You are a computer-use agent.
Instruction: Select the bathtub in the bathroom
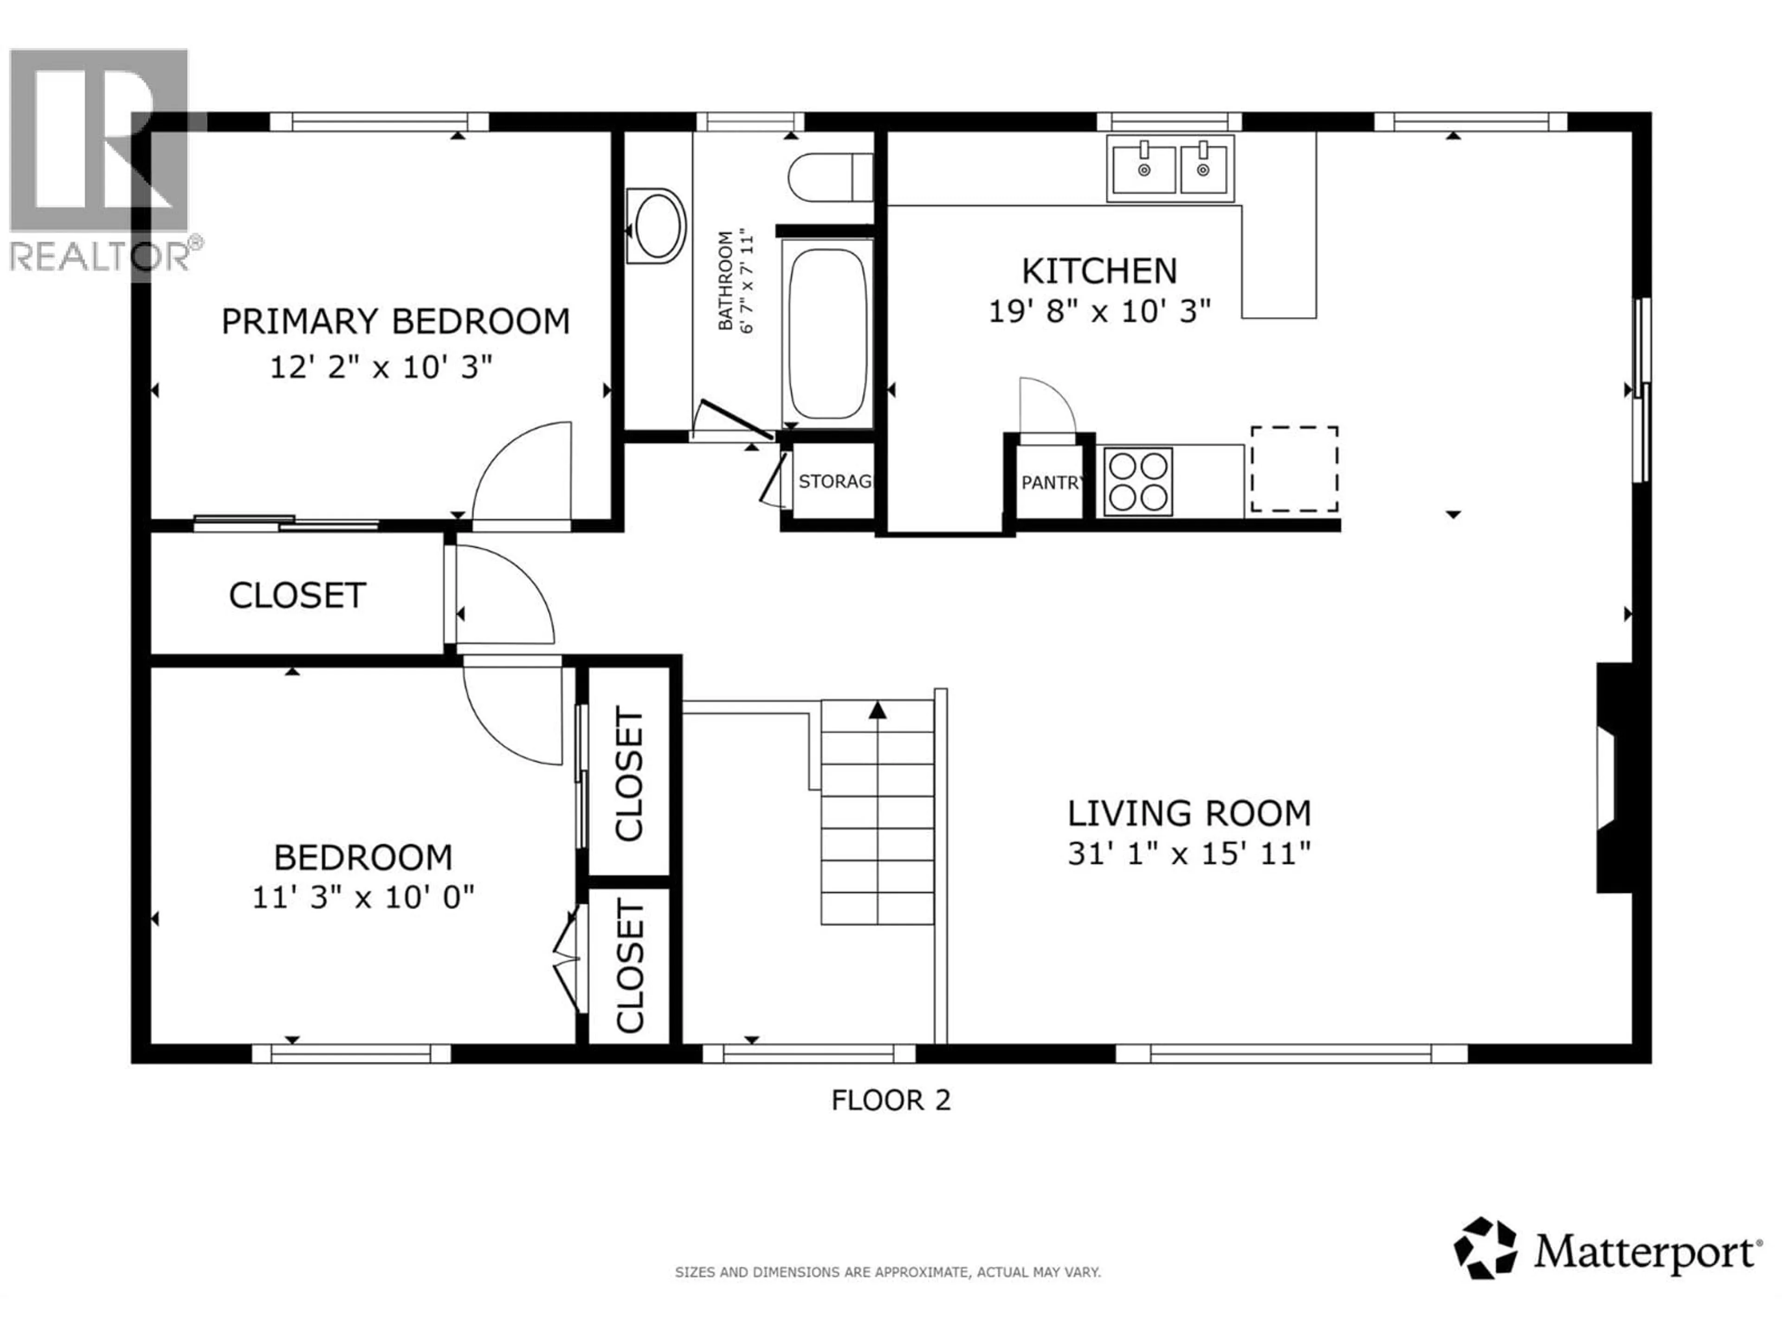[x=827, y=333]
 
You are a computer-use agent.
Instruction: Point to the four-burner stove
[x=1136, y=482]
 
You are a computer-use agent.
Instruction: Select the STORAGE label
[x=834, y=482]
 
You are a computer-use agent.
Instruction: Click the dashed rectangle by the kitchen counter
[x=1294, y=469]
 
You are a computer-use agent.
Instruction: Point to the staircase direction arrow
[x=877, y=710]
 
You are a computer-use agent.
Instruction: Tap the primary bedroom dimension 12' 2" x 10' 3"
[x=380, y=368]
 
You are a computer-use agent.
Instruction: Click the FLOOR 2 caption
[x=891, y=1100]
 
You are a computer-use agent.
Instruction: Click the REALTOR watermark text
[x=101, y=256]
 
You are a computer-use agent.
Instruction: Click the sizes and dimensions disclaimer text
[x=887, y=1272]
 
